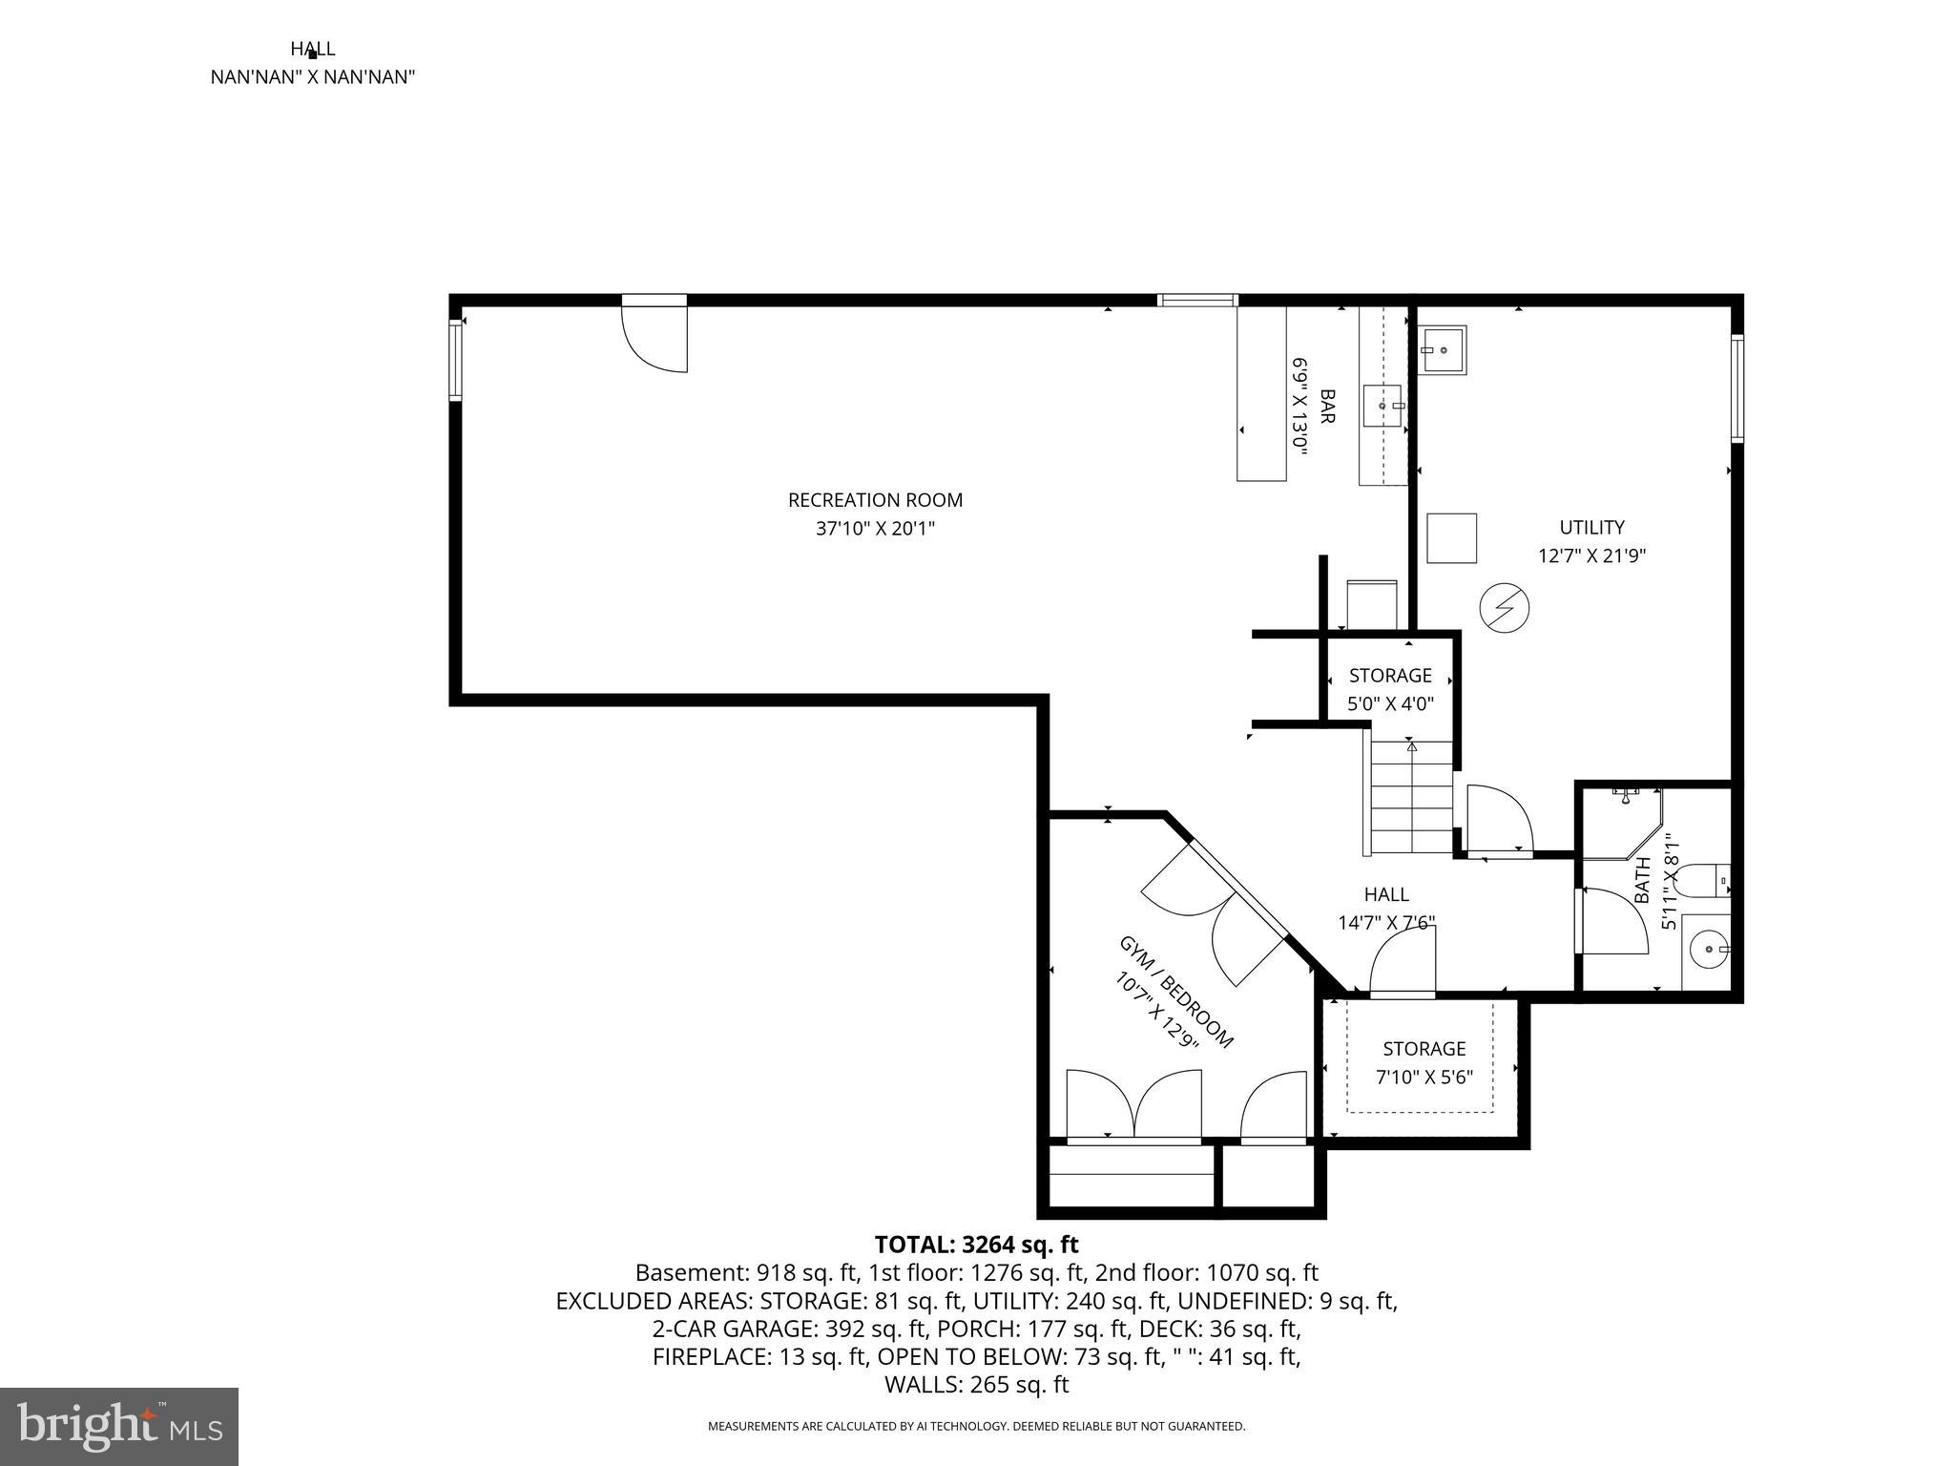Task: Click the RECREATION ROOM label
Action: pos(875,500)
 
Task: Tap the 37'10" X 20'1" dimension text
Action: pos(875,529)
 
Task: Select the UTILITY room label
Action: pos(1591,527)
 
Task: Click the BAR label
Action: pos(1326,406)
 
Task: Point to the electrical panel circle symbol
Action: pos(1504,607)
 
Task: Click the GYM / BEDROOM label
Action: pos(1175,993)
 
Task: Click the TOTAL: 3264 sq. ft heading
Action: pos(976,1245)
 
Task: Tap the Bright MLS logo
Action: pos(119,1426)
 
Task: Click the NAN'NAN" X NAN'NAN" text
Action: pos(312,77)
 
